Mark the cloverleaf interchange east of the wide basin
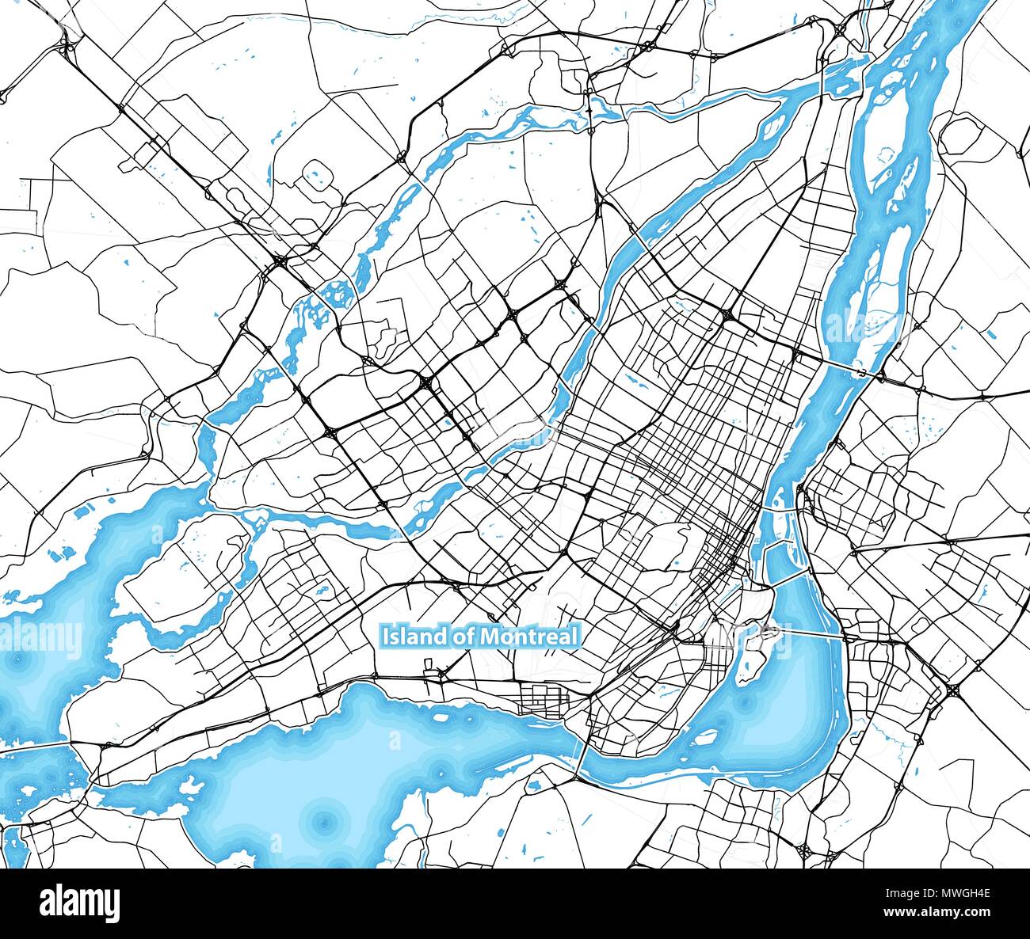pyautogui.click(x=954, y=690)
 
